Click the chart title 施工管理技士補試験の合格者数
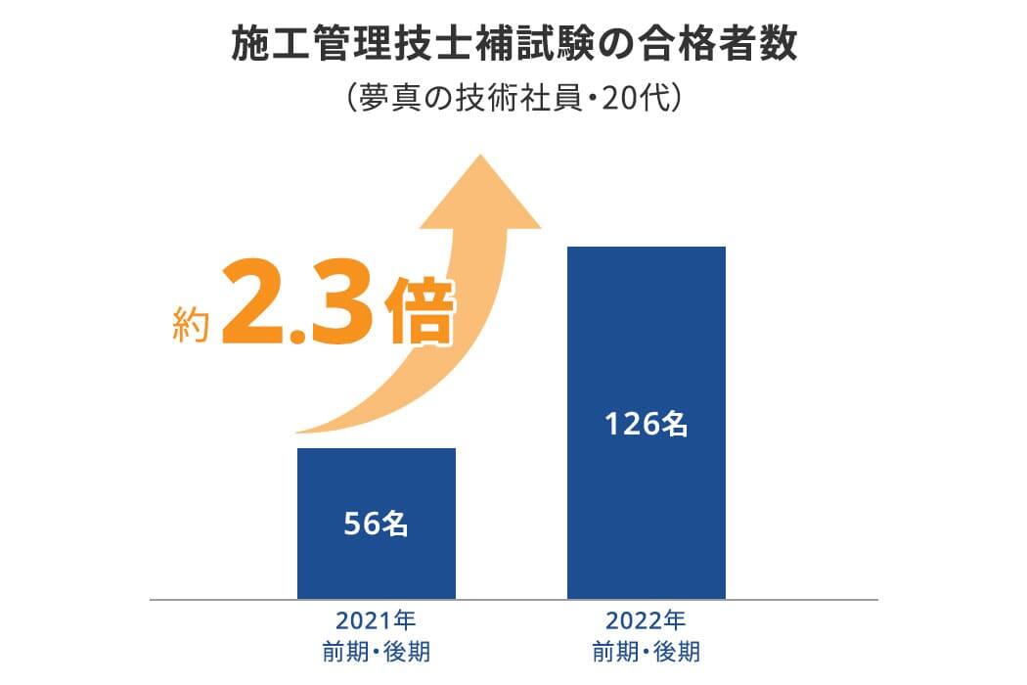pos(513,45)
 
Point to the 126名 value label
pos(647,424)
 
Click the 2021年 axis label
pos(377,621)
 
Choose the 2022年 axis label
pos(647,621)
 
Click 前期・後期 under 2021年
pos(377,651)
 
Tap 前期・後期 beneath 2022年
pos(647,651)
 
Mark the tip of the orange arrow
pos(479,156)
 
